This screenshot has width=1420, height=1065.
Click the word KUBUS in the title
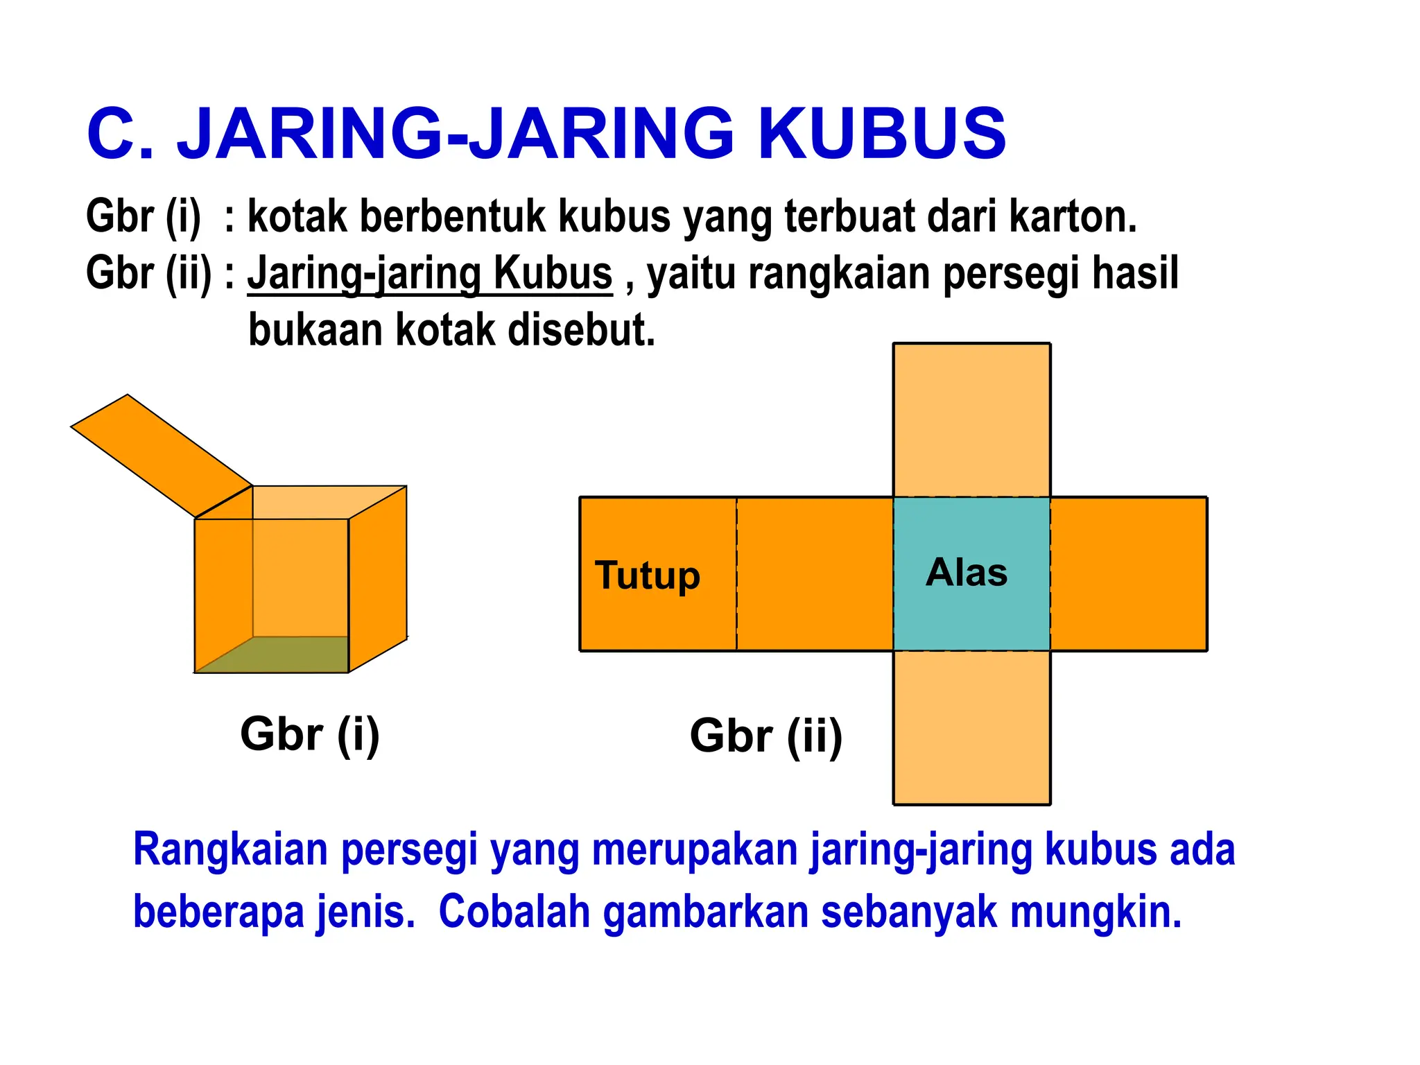[882, 133]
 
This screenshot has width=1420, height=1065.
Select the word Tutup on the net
[648, 575]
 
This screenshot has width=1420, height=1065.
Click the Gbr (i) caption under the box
[310, 734]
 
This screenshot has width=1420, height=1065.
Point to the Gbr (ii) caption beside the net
[765, 736]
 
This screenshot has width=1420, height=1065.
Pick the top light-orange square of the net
[971, 420]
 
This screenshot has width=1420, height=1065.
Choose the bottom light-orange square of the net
[971, 727]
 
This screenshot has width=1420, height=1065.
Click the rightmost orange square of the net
[1128, 573]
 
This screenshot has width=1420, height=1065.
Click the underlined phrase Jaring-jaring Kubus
[430, 273]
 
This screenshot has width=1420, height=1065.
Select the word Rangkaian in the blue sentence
[230, 850]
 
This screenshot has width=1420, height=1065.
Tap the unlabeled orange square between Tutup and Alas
[815, 573]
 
